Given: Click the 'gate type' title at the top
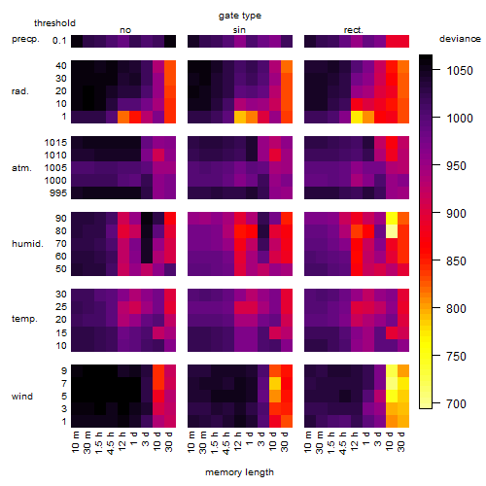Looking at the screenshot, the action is [x=240, y=16].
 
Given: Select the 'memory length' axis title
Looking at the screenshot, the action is [x=239, y=472].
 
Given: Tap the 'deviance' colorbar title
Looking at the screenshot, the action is [x=460, y=39].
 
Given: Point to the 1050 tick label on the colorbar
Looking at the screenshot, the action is [x=460, y=70].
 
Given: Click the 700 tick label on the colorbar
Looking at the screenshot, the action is [x=456, y=403].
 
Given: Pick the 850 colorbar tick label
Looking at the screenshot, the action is [x=456, y=260].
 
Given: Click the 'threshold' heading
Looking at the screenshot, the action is [x=54, y=23].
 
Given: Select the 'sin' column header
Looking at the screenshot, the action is [x=239, y=30].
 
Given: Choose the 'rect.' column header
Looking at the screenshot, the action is [x=354, y=30].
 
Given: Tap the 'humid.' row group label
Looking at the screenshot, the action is [x=27, y=244].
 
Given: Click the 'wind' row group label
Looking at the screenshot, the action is [x=22, y=397].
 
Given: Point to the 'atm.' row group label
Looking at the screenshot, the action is [x=21, y=168].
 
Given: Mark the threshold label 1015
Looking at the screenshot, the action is [x=55, y=143].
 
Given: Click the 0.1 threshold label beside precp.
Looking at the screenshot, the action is [x=59, y=41].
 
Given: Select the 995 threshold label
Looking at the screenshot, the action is [x=58, y=193].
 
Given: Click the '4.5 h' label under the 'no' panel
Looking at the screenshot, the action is [x=110, y=442].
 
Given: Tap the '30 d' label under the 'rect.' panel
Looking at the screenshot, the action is [x=401, y=441].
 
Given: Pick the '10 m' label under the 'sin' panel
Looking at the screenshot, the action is [x=191, y=441].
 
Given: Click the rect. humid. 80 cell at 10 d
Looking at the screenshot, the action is [x=392, y=231].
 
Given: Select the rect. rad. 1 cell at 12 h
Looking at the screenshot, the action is [x=357, y=117].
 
